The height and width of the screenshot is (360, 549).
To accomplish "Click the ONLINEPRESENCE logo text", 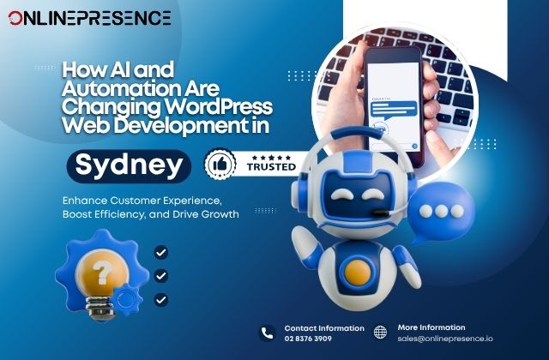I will tap(89, 18).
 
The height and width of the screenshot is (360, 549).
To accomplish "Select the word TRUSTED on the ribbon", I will tap(273, 170).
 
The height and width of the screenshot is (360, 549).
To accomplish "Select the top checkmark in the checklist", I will tap(161, 253).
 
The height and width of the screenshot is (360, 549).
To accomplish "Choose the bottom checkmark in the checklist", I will tap(161, 300).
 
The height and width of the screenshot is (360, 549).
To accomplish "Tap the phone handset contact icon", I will tap(267, 333).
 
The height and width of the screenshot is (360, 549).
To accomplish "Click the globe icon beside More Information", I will tap(381, 333).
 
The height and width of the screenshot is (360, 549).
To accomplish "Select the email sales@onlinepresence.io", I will tap(439, 339).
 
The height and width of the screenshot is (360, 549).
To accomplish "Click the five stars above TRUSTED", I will tap(272, 157).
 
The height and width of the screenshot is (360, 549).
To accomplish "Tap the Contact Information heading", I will tap(324, 328).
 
